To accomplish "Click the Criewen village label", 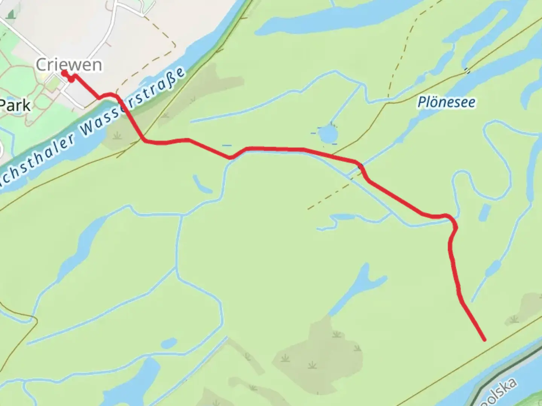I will pyautogui.click(x=69, y=65).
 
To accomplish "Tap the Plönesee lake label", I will pyautogui.click(x=446, y=102).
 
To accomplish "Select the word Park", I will pyautogui.click(x=15, y=106).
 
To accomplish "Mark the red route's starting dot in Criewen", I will pyautogui.click(x=64, y=72).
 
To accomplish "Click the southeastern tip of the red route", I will pyautogui.click(x=484, y=339).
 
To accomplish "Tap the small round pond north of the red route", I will pyautogui.click(x=327, y=134).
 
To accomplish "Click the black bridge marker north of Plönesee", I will pyautogui.click(x=467, y=70).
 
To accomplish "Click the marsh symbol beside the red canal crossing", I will pyautogui.click(x=118, y=135).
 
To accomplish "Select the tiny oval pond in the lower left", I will pyautogui.click(x=169, y=343).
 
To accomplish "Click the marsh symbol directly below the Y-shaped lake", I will pyautogui.click(x=336, y=334).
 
